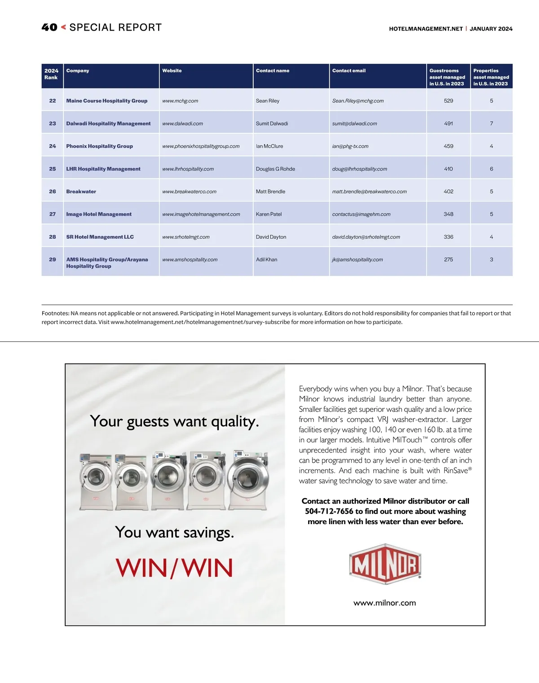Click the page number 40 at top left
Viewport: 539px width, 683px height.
pos(49,27)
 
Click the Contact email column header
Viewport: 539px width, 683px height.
pos(349,70)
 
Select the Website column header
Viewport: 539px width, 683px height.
pos(172,70)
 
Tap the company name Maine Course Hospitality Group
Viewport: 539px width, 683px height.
pos(107,101)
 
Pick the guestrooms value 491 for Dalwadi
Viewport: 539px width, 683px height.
pos(448,123)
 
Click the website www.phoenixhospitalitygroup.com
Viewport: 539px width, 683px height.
pos(201,146)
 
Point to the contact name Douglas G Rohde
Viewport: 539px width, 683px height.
pos(275,169)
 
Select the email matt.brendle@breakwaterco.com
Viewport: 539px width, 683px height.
pos(369,192)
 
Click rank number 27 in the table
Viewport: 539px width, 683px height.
pos(53,215)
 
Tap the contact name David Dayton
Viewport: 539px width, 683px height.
pos(271,237)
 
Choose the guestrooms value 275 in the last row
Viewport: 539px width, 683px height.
pos(448,259)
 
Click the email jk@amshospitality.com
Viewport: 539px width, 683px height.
pos(358,259)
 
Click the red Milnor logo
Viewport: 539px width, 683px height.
pos(385,564)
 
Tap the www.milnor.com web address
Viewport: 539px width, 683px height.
pos(384,603)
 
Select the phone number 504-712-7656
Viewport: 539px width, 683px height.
pos(329,512)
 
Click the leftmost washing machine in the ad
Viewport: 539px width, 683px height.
pos(96,482)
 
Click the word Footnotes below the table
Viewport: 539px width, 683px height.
pos(55,313)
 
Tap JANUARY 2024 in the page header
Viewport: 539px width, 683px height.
pos(491,29)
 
